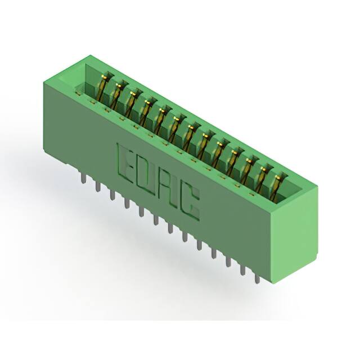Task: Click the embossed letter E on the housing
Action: (126, 162)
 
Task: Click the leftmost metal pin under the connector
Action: (84, 178)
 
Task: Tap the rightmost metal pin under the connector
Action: (258, 278)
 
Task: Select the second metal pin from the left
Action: (98, 186)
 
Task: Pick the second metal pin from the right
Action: (242, 269)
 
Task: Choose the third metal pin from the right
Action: (228, 261)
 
